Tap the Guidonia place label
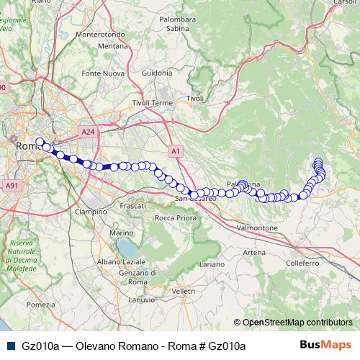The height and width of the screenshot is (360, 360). click(158, 73)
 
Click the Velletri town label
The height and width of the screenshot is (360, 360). click(184, 290)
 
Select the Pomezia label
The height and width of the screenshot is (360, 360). click(42, 305)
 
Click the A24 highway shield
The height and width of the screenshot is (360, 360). click(89, 132)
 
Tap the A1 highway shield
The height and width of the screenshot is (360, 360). click(176, 151)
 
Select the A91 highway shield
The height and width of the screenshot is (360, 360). click(11, 185)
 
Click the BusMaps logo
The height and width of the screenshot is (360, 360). click(330, 346)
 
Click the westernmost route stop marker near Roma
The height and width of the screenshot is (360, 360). click(40, 142)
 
